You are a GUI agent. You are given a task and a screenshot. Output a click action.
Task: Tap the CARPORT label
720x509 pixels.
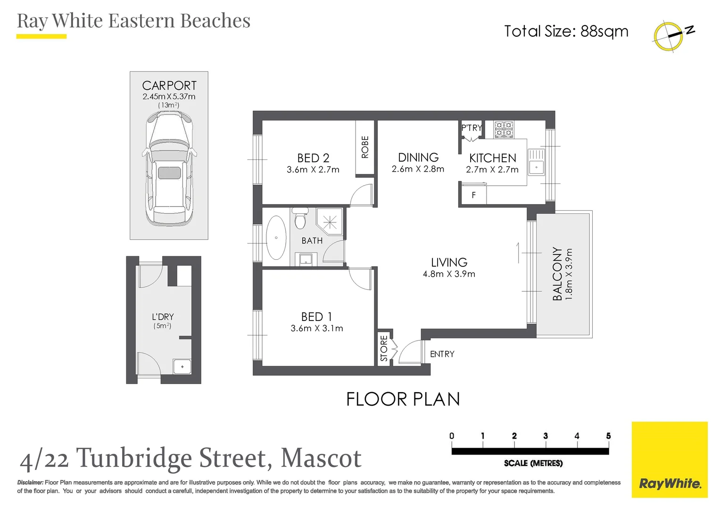click(x=169, y=86)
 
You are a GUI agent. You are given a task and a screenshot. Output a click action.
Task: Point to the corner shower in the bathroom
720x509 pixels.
click(x=330, y=221)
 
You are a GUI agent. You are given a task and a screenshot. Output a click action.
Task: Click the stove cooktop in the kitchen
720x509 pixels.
click(x=504, y=129)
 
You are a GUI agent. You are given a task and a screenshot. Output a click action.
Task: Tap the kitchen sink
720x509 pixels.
click(x=536, y=162)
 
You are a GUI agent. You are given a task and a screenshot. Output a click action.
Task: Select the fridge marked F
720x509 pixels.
click(x=473, y=195)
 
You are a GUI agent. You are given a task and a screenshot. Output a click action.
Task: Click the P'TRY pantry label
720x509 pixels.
click(x=471, y=128)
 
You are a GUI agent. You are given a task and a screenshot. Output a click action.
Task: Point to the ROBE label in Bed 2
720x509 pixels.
click(x=365, y=147)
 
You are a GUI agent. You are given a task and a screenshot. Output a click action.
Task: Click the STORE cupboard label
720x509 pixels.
click(x=384, y=348)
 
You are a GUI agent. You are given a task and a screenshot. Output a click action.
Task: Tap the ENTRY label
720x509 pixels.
click(x=442, y=354)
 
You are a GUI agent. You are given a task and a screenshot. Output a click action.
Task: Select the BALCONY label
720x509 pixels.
click(x=557, y=274)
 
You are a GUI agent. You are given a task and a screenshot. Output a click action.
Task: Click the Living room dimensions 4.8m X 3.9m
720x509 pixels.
click(x=449, y=274)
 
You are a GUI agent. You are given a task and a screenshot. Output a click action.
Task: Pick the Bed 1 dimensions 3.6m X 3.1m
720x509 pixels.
click(x=317, y=328)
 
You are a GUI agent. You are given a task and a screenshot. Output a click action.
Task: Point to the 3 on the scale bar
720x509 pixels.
click(x=546, y=436)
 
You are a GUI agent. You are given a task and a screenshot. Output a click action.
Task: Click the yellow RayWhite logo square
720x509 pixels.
click(x=670, y=460)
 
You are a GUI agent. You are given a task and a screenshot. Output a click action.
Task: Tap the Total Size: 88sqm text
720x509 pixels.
click(x=566, y=31)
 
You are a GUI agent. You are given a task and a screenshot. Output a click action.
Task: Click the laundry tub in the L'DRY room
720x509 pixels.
click(x=182, y=366)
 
